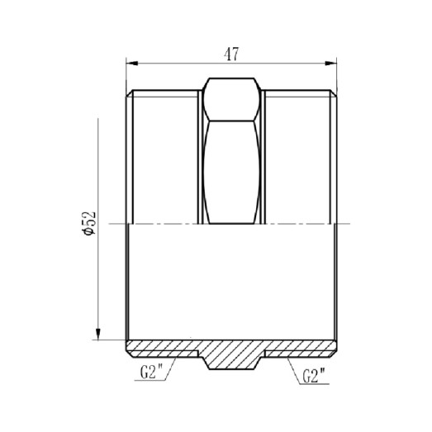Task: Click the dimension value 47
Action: click(x=232, y=55)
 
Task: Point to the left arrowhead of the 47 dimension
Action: click(x=131, y=63)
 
